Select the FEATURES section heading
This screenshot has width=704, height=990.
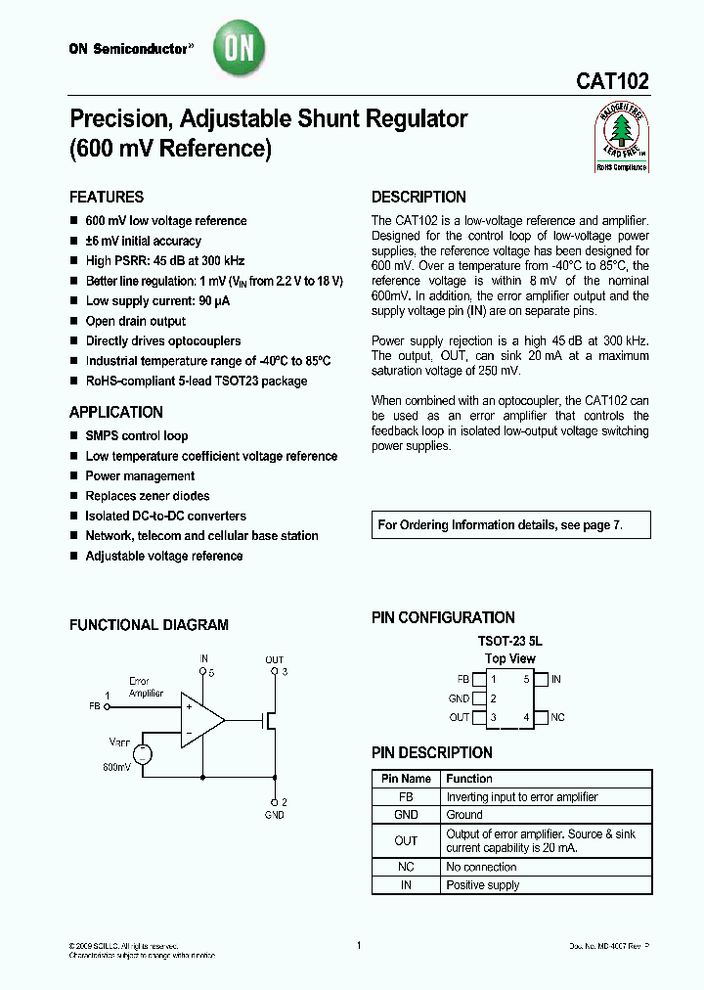(x=107, y=197)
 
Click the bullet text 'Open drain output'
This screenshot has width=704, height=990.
(x=136, y=321)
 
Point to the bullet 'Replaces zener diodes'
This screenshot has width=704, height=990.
(x=148, y=496)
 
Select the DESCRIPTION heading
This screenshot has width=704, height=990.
(x=418, y=197)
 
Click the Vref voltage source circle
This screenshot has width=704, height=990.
(x=142, y=753)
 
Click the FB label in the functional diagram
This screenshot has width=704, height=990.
(x=95, y=705)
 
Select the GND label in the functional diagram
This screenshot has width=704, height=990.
(x=275, y=814)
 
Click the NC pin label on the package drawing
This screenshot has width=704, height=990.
(x=557, y=717)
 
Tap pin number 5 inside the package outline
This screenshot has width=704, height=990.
(x=526, y=679)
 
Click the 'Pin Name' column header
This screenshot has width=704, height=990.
(x=406, y=779)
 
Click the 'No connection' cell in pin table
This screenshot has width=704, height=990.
(x=481, y=867)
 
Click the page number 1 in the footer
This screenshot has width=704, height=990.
(x=359, y=945)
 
